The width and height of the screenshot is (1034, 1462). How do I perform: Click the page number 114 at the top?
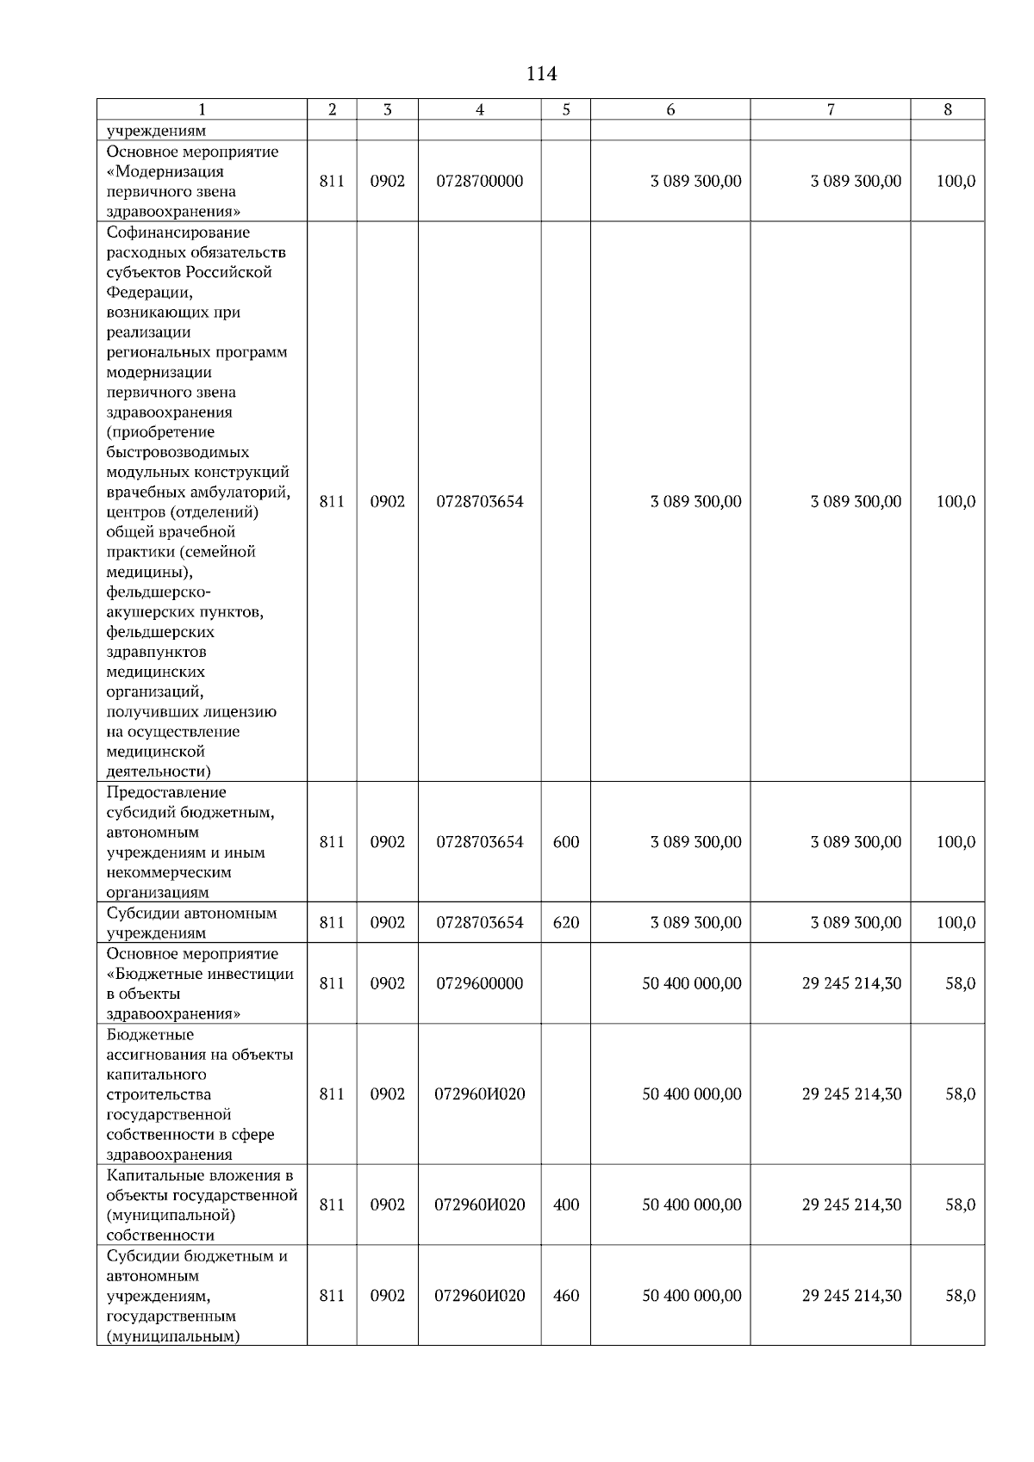[x=541, y=74]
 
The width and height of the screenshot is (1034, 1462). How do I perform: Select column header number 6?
[x=670, y=109]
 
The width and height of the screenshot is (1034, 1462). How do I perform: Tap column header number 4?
[x=479, y=109]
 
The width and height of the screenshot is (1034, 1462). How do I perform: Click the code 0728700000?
[x=479, y=182]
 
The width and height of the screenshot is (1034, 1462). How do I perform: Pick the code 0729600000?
[x=479, y=983]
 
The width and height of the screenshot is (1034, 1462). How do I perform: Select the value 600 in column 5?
[x=565, y=842]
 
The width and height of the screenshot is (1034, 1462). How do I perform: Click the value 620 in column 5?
[x=565, y=923]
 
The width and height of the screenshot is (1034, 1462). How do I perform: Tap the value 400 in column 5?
[x=565, y=1205]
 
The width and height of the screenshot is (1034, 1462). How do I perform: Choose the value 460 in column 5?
[x=565, y=1296]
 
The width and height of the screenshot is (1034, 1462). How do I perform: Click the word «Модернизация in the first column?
[x=165, y=171]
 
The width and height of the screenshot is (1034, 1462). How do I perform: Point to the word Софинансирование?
[x=178, y=232]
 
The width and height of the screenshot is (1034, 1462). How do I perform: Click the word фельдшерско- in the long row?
[x=158, y=592]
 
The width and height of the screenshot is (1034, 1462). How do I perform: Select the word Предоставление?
[x=166, y=792]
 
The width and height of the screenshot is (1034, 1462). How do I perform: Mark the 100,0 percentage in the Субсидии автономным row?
[x=956, y=923]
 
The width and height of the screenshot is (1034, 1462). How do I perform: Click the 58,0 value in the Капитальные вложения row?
[x=960, y=1205]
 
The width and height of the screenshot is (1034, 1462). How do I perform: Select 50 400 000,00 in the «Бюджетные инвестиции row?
[x=691, y=983]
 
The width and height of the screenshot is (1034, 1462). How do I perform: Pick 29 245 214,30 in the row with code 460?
[x=851, y=1296]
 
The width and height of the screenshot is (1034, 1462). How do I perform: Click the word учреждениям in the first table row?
[x=156, y=132]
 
